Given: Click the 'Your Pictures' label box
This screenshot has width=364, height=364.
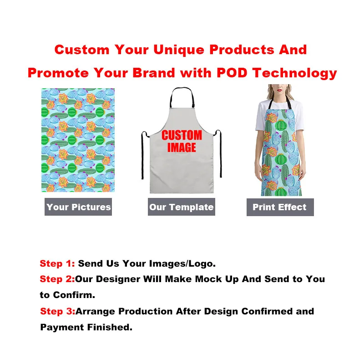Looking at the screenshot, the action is coord(78,207).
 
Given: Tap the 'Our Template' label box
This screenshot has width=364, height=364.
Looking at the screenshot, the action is coord(182,207).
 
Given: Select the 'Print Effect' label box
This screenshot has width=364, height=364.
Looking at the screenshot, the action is coord(280,207).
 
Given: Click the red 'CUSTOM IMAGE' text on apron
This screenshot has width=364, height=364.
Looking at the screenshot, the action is coord(182,141).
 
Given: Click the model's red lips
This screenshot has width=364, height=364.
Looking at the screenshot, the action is coord(279,90).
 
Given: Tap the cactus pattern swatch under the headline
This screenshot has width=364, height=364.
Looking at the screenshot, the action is coord(78,140).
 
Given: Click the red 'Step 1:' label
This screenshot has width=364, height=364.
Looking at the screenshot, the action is coord(57,263).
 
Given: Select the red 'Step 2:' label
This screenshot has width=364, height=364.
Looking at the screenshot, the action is coord(57,279).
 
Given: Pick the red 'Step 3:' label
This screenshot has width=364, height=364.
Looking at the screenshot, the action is coord(58,311).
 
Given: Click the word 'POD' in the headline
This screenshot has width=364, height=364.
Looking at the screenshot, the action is coord(232,73).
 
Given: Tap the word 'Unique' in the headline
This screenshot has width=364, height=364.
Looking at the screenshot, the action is coord(179,50).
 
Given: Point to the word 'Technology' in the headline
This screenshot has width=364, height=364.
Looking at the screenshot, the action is coord(294,73).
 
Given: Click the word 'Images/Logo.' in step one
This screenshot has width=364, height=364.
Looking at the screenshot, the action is coord(182,264).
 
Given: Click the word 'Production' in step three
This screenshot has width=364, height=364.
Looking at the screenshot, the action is coord(145,311).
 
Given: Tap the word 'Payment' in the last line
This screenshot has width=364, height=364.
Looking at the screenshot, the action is coord(62,327).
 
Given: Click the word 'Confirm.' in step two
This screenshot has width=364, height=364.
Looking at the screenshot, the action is coord(74,295).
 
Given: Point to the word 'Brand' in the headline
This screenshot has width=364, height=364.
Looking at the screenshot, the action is coord(154,73).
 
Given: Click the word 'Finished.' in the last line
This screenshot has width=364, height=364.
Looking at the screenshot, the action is coord(110,327).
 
